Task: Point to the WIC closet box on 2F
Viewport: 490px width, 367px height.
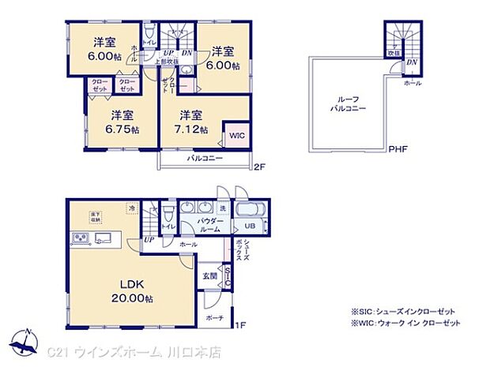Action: tap(236, 136)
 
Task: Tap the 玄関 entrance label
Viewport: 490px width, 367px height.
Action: tap(208, 275)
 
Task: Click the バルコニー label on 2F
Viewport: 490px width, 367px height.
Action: tap(205, 159)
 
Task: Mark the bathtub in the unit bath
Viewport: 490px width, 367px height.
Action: tap(251, 211)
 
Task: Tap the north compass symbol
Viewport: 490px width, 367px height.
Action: tap(27, 341)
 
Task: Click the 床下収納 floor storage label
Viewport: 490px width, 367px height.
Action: tap(95, 215)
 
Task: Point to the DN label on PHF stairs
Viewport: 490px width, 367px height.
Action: tap(412, 62)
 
